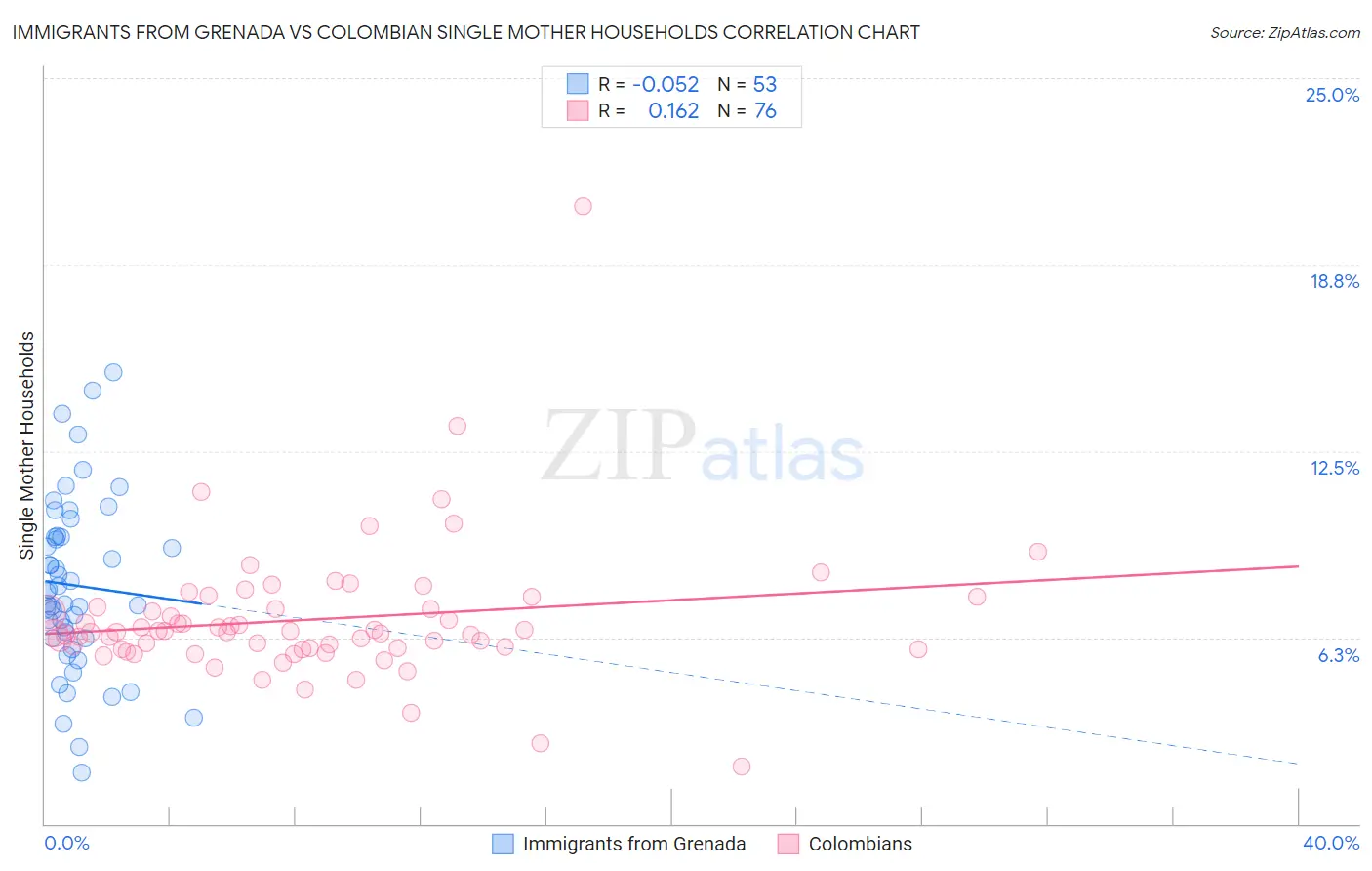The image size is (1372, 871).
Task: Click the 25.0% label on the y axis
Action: click(1332, 95)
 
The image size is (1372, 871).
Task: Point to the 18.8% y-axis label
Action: click(1334, 281)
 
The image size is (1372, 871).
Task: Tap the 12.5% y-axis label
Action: click(1334, 468)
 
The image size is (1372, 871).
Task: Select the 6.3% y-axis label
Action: click(1338, 655)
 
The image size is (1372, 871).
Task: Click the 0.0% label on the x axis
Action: click(66, 843)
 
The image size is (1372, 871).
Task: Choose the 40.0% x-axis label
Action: click(1330, 843)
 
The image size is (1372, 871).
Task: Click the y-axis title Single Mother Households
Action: click(26, 445)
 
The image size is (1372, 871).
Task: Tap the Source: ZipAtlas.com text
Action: click(1284, 32)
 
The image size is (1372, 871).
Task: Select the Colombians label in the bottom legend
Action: click(860, 844)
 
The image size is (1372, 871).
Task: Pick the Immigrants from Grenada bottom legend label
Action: click(633, 844)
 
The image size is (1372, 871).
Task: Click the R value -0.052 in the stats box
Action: click(666, 84)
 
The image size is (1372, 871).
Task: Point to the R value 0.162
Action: click(673, 110)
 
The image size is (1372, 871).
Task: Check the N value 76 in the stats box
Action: click(765, 110)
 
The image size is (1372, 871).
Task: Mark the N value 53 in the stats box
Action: click(765, 84)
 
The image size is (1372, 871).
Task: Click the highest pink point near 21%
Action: click(583, 206)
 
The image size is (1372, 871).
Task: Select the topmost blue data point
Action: click(113, 372)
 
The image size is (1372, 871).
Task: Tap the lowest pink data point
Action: click(742, 767)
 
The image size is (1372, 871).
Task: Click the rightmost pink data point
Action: click(1037, 552)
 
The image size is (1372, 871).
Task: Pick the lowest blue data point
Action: click(82, 772)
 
